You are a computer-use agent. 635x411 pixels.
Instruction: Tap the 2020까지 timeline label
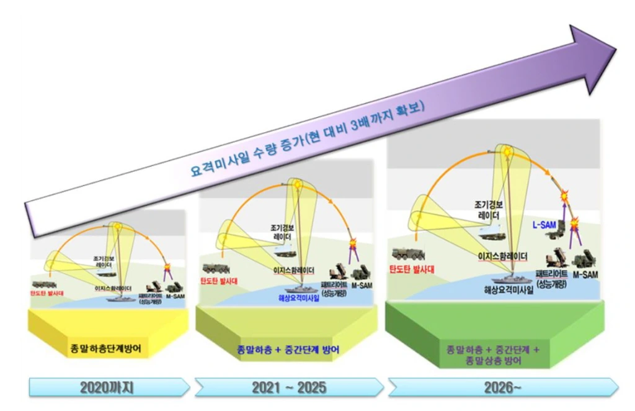[x=107, y=388]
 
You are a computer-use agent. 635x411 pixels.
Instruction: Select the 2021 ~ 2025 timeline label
[x=289, y=388]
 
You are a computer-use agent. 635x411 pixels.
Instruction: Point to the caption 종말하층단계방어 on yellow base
[x=107, y=348]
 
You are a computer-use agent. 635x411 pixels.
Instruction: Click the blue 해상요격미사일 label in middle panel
[x=298, y=297]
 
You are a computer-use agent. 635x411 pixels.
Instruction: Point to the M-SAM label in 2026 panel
[x=584, y=273]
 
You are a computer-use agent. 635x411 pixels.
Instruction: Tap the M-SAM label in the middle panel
[x=362, y=285]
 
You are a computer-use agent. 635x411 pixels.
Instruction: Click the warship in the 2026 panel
[x=510, y=276]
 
